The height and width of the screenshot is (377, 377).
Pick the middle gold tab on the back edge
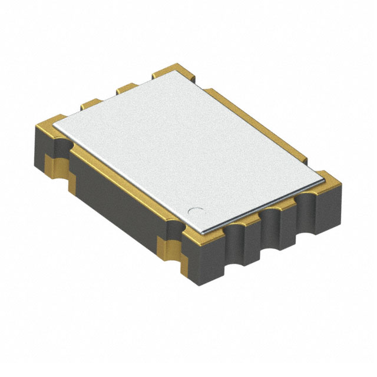coord(125,88)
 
